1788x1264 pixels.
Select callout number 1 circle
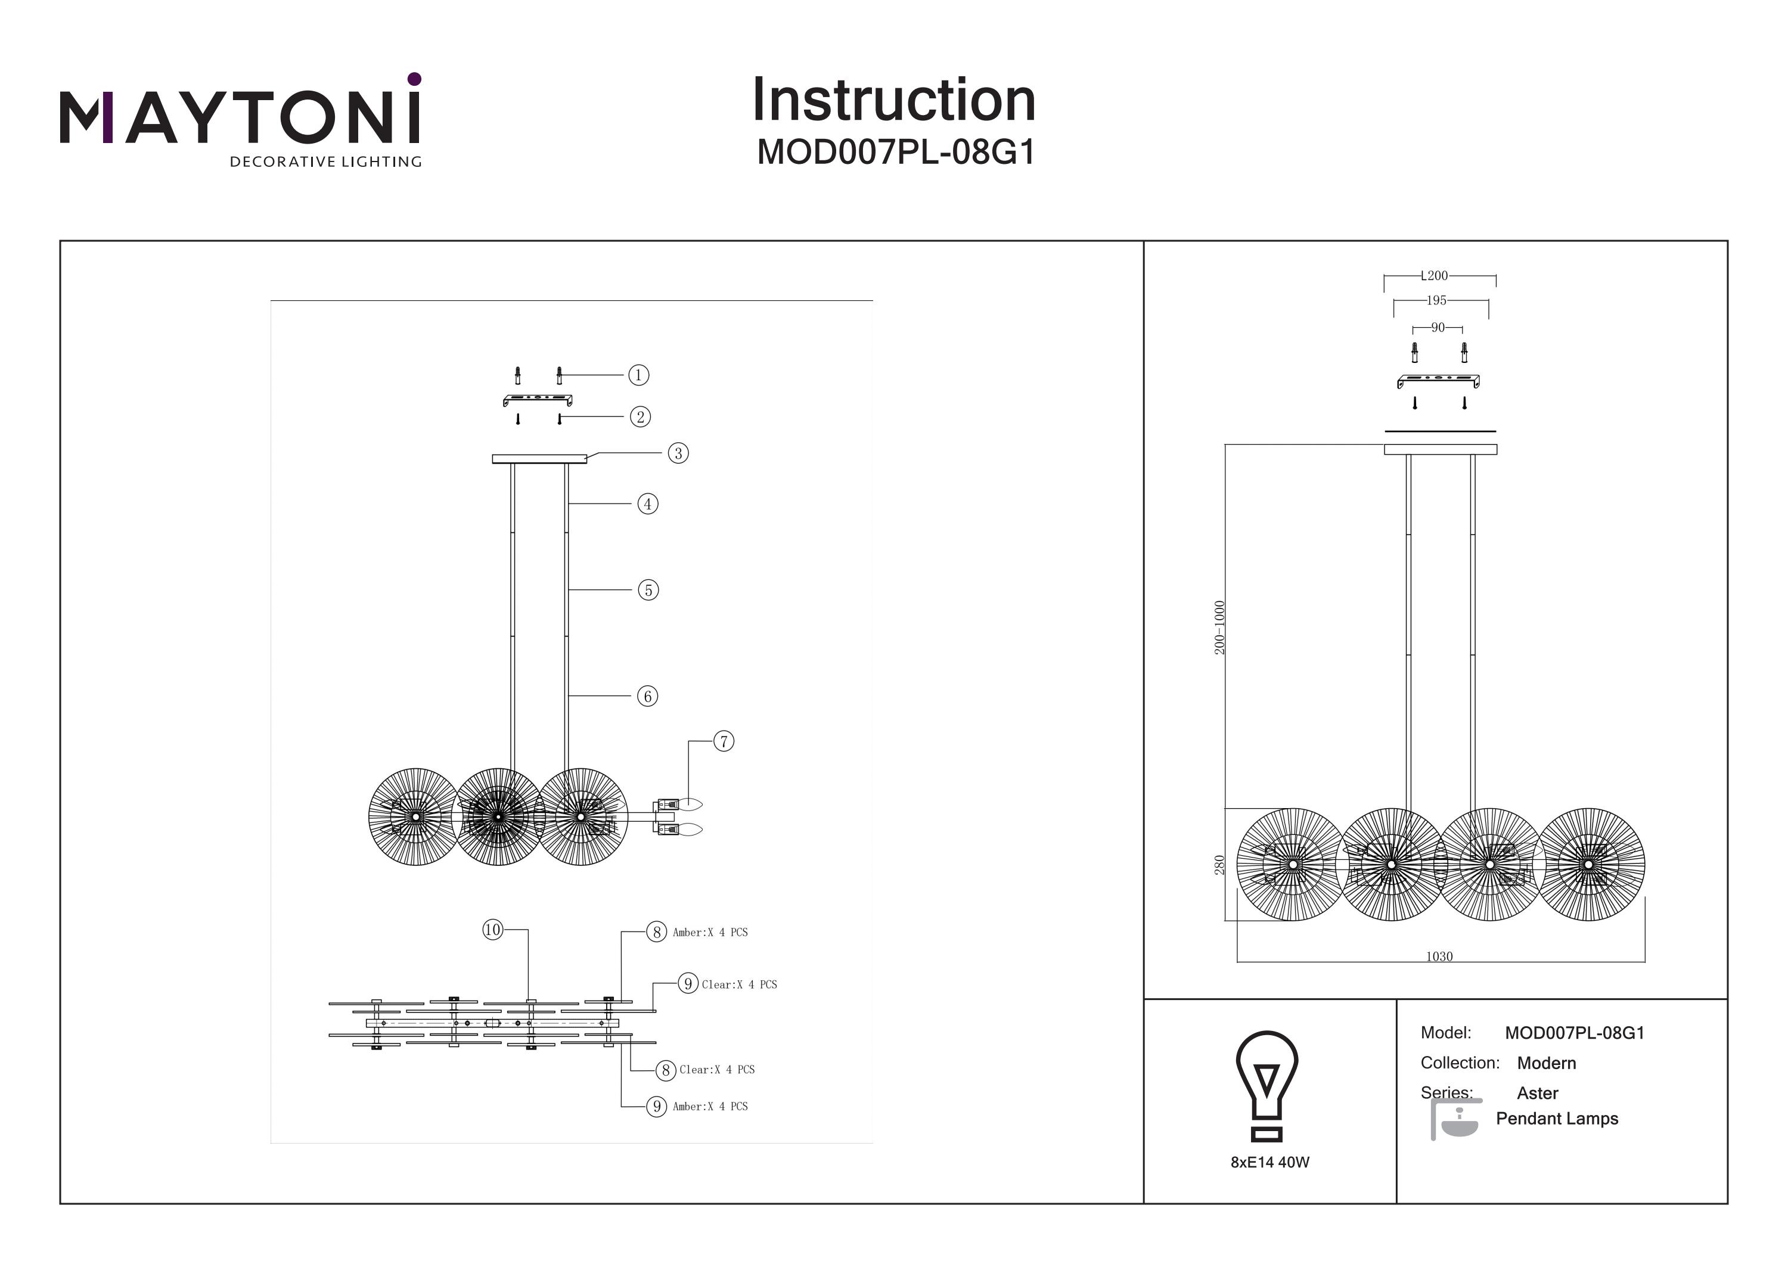638,375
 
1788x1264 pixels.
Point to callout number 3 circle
678,454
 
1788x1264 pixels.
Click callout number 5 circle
648,591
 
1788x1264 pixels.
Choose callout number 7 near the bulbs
724,741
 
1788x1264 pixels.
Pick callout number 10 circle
492,929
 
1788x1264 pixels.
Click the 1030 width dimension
1439,956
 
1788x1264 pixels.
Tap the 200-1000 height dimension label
1219,627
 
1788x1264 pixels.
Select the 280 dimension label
1219,865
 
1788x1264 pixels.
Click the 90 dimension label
1438,328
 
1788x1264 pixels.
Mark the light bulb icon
1267,1085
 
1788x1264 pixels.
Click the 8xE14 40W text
1270,1162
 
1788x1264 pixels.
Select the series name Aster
1537,1094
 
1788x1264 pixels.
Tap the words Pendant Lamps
1557,1119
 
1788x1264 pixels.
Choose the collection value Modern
1547,1063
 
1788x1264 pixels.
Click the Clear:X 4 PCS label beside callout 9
739,985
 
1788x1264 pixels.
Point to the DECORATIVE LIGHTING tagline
325,162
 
